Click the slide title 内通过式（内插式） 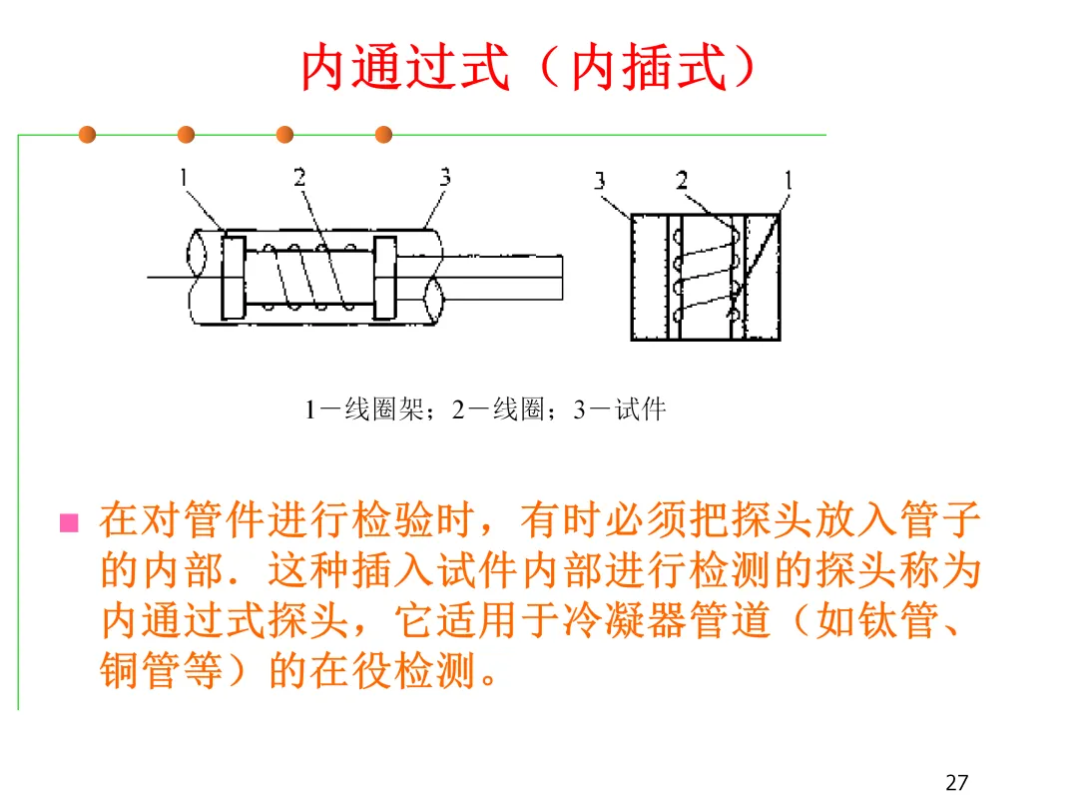pyautogui.click(x=527, y=67)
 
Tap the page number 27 pyautogui.click(x=956, y=782)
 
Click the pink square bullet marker pyautogui.click(x=69, y=522)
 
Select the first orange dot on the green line pyautogui.click(x=88, y=135)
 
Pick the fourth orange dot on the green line pyautogui.click(x=383, y=135)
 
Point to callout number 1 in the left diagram pyautogui.click(x=185, y=178)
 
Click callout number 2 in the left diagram pyautogui.click(x=299, y=178)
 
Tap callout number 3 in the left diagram pyautogui.click(x=444, y=178)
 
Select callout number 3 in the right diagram pyautogui.click(x=600, y=181)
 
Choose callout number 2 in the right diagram pyautogui.click(x=682, y=181)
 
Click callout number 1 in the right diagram pyautogui.click(x=788, y=181)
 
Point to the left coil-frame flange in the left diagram pyautogui.click(x=233, y=277)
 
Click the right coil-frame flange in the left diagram pyautogui.click(x=384, y=277)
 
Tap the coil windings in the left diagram pyautogui.click(x=309, y=277)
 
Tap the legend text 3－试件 pyautogui.click(x=619, y=409)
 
